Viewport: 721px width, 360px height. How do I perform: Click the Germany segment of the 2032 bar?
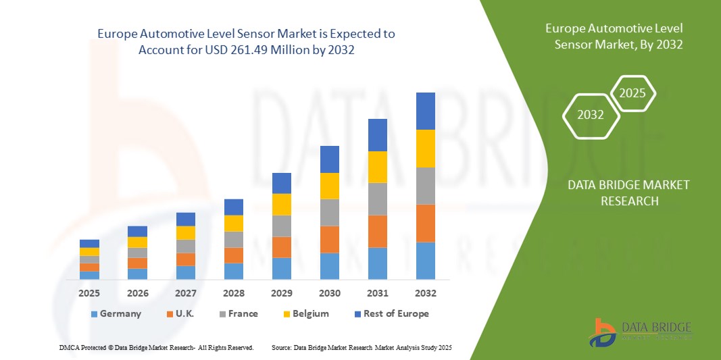pyautogui.click(x=426, y=261)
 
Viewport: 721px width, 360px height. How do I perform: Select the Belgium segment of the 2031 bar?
pyautogui.click(x=378, y=167)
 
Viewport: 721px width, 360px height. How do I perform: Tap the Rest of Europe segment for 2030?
pyautogui.click(x=329, y=159)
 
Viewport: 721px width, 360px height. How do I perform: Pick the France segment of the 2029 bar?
pyautogui.click(x=281, y=226)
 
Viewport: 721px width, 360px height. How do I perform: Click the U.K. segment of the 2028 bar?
pyautogui.click(x=233, y=255)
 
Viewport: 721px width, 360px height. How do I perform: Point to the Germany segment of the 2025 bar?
pyautogui.click(x=89, y=275)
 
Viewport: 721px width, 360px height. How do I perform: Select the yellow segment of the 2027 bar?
pyautogui.click(x=185, y=233)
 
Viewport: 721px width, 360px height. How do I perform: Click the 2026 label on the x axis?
pyautogui.click(x=137, y=293)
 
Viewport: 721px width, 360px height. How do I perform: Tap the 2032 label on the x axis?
pyautogui.click(x=426, y=293)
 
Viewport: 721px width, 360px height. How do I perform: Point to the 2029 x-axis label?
pyautogui.click(x=281, y=293)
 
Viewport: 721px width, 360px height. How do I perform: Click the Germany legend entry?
pyautogui.click(x=116, y=313)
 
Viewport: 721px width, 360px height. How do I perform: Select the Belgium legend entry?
pyautogui.click(x=305, y=313)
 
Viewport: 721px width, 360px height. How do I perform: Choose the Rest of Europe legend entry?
pyautogui.click(x=391, y=313)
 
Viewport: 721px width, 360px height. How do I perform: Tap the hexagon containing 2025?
pyautogui.click(x=632, y=93)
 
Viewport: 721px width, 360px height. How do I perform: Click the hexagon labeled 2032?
pyautogui.click(x=591, y=115)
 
